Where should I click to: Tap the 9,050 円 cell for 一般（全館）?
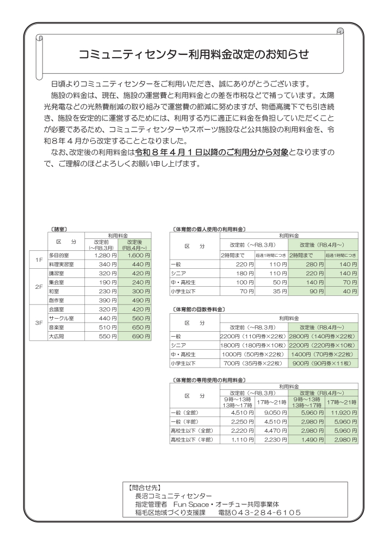[271, 412]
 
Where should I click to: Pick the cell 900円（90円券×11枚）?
[323, 363]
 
